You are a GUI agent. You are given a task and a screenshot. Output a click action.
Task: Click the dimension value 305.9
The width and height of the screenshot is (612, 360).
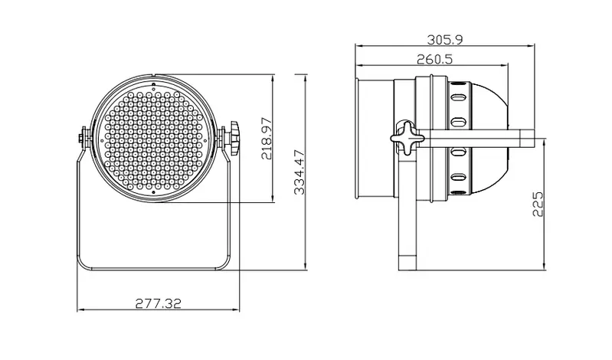pyautogui.click(x=444, y=39)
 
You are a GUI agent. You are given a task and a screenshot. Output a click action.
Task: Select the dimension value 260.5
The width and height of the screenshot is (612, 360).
pyautogui.click(x=434, y=59)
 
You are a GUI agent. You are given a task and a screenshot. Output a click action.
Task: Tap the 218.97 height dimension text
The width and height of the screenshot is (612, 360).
pyautogui.click(x=267, y=138)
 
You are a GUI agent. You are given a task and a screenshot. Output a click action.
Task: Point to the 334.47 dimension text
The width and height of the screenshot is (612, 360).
pyautogui.click(x=299, y=172)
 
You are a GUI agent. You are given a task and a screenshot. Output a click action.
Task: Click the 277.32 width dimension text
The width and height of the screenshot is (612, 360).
pyautogui.click(x=158, y=303)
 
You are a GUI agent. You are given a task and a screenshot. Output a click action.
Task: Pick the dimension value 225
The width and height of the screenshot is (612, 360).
pyautogui.click(x=538, y=204)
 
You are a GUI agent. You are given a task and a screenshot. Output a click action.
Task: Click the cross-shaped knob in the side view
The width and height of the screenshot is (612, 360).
pyautogui.click(x=407, y=137)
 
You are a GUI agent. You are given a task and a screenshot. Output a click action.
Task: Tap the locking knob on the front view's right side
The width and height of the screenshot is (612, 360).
pyautogui.click(x=234, y=138)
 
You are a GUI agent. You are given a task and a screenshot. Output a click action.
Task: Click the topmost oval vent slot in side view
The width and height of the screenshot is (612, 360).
pyautogui.click(x=458, y=97)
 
